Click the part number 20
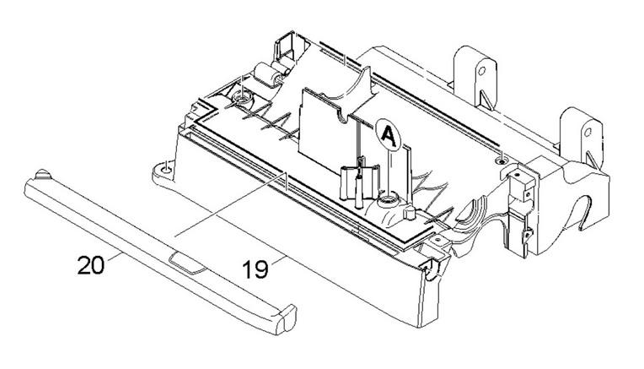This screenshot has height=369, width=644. click(91, 264)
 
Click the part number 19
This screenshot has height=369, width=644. click(255, 270)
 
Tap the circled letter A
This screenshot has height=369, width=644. click(388, 135)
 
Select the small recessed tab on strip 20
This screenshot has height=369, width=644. click(188, 263)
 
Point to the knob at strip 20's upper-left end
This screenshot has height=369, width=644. click(43, 174)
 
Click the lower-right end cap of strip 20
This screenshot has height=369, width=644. click(287, 318)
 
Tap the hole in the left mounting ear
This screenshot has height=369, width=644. click(165, 168)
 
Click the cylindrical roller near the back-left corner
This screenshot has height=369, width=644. click(268, 75)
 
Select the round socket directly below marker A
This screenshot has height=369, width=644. click(386, 202)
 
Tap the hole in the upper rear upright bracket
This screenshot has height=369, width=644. click(481, 70)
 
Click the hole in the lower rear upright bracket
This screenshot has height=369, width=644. click(588, 133)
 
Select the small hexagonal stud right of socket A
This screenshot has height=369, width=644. click(410, 212)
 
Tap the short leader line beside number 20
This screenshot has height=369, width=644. click(115, 259)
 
